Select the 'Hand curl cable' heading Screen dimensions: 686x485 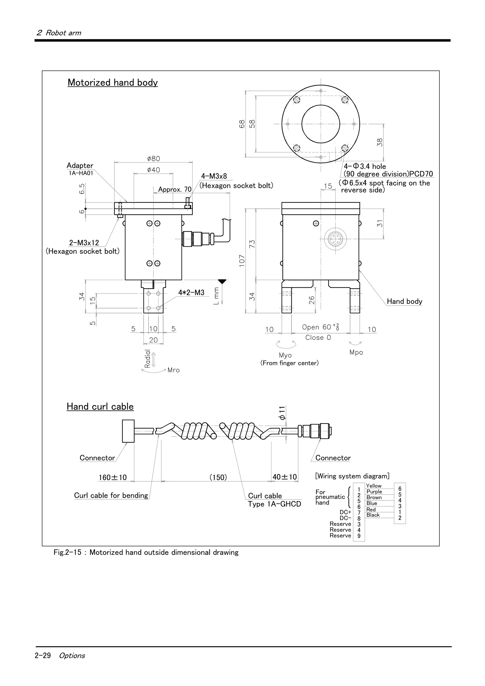(x=100, y=407)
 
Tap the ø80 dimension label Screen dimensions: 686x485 (x=154, y=159)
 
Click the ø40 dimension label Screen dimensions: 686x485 (x=154, y=170)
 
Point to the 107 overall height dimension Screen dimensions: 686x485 (x=242, y=261)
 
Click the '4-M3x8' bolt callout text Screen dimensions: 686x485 (x=214, y=176)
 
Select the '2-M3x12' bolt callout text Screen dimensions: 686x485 (x=84, y=243)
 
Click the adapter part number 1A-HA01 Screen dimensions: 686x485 (x=81, y=173)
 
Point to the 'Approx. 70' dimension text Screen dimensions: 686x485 (x=175, y=189)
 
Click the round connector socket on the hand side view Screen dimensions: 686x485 (x=336, y=239)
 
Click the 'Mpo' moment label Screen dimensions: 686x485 (x=356, y=352)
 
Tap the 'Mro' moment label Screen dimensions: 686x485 (x=173, y=370)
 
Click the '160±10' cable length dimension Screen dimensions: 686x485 (x=113, y=477)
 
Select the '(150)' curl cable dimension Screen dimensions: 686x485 (x=218, y=477)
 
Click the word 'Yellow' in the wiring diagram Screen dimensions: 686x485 (x=374, y=486)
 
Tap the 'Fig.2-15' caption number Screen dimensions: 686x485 (x=67, y=552)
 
